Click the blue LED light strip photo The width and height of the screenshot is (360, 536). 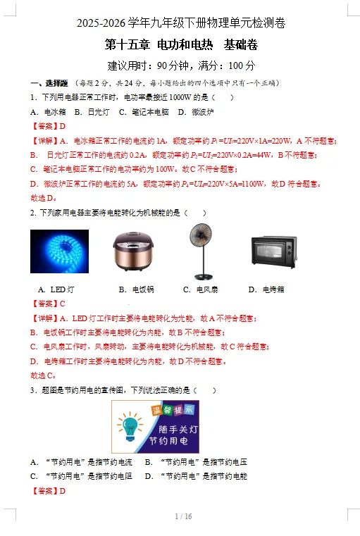tap(59, 251)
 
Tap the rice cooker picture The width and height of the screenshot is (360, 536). tap(133, 251)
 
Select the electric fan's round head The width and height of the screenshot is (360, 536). tap(201, 236)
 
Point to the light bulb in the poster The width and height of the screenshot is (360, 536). tap(130, 426)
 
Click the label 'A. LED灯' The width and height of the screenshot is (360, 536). tap(56, 289)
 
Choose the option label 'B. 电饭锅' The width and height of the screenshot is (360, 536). tap(137, 289)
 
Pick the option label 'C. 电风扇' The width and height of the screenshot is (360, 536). tap(200, 289)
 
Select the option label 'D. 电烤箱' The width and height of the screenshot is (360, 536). tap(266, 289)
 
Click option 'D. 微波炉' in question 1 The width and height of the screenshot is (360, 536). tap(196, 112)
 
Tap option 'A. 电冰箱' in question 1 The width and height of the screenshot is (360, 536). tap(48, 112)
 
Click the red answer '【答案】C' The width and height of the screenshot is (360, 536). tap(48, 304)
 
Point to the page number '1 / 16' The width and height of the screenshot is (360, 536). tap(183, 516)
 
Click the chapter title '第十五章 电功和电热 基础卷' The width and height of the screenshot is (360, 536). tap(181, 45)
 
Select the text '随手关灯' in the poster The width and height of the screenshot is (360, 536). tap(178, 430)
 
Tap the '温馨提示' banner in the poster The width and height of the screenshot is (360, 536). tap(173, 410)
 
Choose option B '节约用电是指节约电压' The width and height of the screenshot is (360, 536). tap(196, 462)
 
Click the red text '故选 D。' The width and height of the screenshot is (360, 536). tap(44, 198)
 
